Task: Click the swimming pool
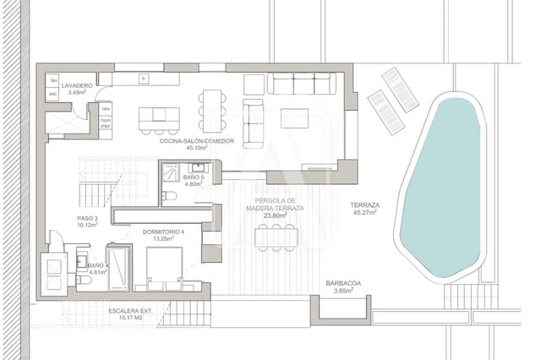coord(445,186)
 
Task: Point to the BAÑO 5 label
coord(194,177)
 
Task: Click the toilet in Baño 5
coord(168,195)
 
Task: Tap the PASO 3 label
coord(87,218)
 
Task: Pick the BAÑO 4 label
coord(96,266)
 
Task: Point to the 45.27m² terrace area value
coord(366,212)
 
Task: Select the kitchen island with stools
coord(159,114)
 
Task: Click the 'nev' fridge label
coord(107,110)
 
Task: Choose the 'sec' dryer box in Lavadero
coord(52,94)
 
